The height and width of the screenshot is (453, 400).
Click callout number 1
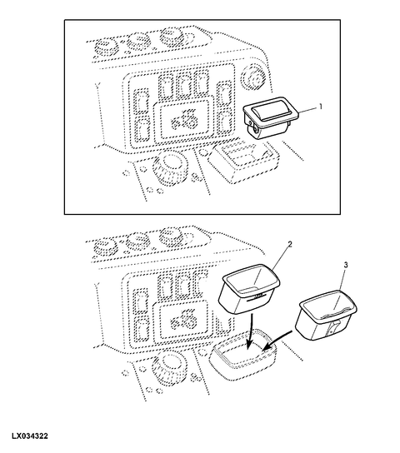pos(320,107)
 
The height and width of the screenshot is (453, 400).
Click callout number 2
pos(290,245)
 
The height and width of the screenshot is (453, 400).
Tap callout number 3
pos(345,265)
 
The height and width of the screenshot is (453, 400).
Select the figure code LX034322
pos(30,436)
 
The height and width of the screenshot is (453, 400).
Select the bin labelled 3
pos(328,316)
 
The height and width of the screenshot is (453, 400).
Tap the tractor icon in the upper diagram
pos(184,119)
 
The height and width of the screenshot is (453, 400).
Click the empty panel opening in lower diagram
pos(243,355)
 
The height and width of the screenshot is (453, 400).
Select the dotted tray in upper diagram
pos(243,161)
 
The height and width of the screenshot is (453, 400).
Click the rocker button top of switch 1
pos(269,111)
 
